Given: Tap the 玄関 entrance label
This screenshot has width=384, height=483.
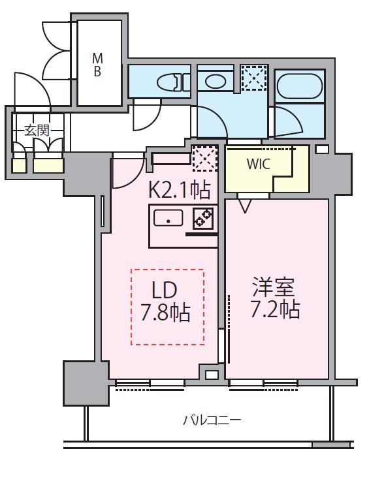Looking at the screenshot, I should click(37, 130).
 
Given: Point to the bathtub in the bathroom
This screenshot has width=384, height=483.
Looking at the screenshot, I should click(299, 86).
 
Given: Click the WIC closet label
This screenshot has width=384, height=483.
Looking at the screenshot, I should click(258, 164).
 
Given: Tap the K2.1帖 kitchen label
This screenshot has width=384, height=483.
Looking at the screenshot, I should click(180, 190).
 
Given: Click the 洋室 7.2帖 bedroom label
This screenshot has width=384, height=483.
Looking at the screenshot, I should click(276, 298).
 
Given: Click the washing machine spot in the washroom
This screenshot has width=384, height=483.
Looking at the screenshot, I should click(253, 78).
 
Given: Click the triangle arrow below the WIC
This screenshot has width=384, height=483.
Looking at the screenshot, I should click(245, 206).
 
